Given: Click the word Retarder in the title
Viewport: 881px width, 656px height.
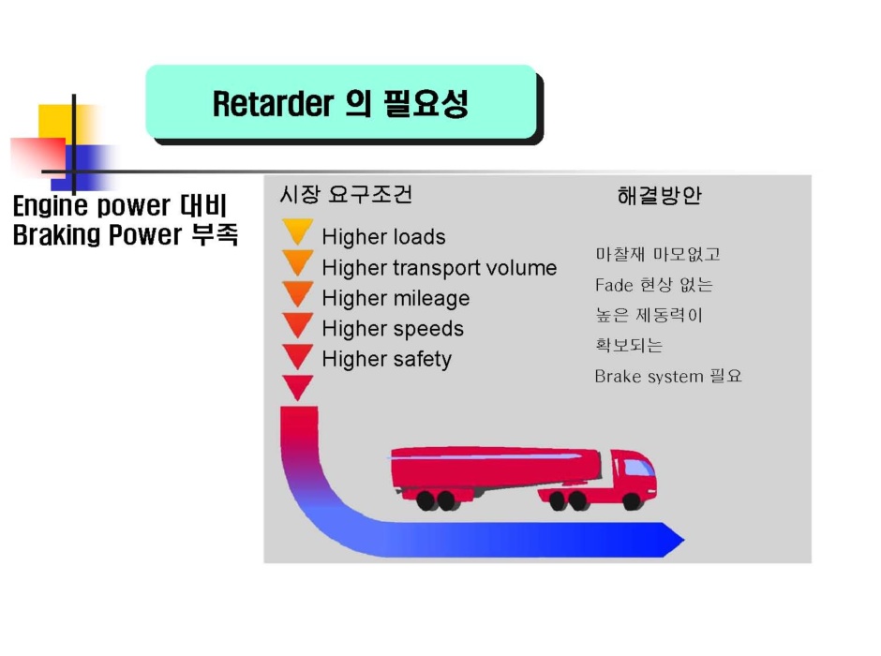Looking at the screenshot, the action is pyautogui.click(x=273, y=103).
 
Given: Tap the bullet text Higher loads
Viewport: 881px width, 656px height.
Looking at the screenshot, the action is pyautogui.click(x=383, y=237).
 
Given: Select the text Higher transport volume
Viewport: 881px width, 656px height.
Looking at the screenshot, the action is pyautogui.click(x=440, y=268).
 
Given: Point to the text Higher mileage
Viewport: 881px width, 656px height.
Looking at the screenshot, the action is pyautogui.click(x=396, y=298).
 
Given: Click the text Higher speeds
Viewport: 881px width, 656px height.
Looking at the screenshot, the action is pyautogui.click(x=393, y=329).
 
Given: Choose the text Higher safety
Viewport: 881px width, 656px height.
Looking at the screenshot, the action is pyautogui.click(x=386, y=359).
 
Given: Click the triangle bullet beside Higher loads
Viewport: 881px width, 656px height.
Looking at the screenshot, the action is pyautogui.click(x=298, y=231).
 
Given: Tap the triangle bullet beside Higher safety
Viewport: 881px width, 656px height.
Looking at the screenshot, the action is pyautogui.click(x=298, y=356).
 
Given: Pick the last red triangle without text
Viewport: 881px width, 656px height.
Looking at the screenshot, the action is pyautogui.click(x=298, y=387).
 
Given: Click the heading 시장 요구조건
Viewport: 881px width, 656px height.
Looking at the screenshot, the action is pyautogui.click(x=346, y=194).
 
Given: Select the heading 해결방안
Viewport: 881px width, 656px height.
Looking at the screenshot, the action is pyautogui.click(x=659, y=196).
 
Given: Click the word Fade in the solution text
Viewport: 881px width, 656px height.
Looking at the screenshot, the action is pyautogui.click(x=614, y=285).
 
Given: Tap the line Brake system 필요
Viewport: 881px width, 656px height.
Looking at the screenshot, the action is pyautogui.click(x=668, y=376).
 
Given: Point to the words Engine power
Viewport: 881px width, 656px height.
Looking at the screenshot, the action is pyautogui.click(x=91, y=205).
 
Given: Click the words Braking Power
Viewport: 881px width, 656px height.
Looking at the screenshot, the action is pyautogui.click(x=97, y=235).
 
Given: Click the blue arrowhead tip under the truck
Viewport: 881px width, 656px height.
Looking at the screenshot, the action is pyautogui.click(x=684, y=540).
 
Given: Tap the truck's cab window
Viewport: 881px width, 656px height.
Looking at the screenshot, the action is pyautogui.click(x=637, y=468).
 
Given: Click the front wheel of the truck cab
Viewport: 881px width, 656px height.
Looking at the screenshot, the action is pyautogui.click(x=632, y=501).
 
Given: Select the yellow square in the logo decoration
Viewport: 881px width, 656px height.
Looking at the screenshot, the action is pyautogui.click(x=59, y=124).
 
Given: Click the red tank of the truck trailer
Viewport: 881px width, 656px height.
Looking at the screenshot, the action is pyautogui.click(x=495, y=468).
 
